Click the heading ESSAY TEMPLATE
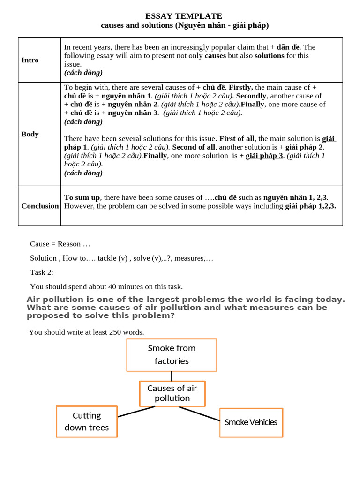tap(183, 16)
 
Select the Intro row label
tap(30, 60)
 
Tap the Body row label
tap(30, 134)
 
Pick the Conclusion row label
tap(40, 206)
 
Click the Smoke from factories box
tap(172, 355)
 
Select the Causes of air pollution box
tap(172, 393)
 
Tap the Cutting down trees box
tap(87, 421)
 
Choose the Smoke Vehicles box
tap(251, 422)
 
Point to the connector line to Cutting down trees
tap(136, 412)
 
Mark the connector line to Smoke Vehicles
tap(199, 413)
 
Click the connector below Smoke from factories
tap(172, 376)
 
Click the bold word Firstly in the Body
tap(240, 87)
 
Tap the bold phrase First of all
tap(237, 139)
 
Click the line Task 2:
tap(42, 272)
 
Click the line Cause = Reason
tap(60, 244)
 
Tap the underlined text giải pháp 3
tap(264, 156)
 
